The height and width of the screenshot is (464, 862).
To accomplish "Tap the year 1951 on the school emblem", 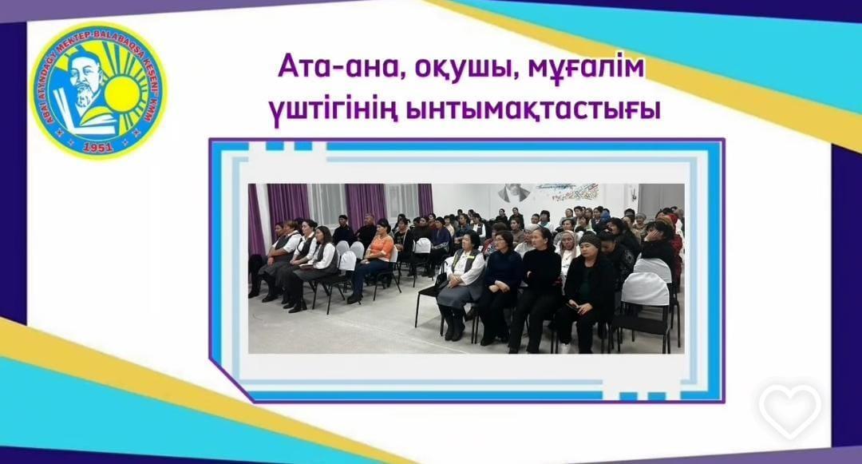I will coord(97,145).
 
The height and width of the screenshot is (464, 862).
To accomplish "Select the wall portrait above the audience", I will coord(515,193).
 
